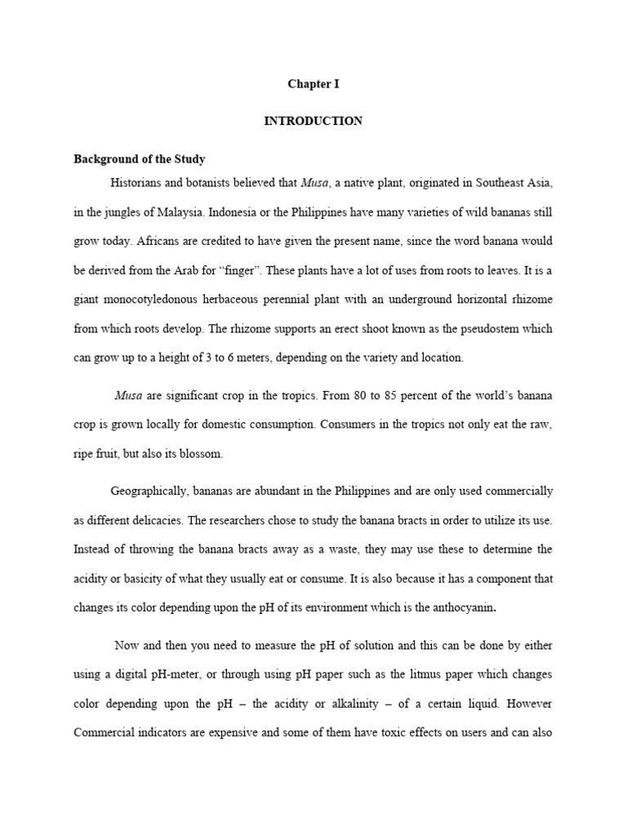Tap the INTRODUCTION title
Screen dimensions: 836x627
313,121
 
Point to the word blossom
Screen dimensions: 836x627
204,453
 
